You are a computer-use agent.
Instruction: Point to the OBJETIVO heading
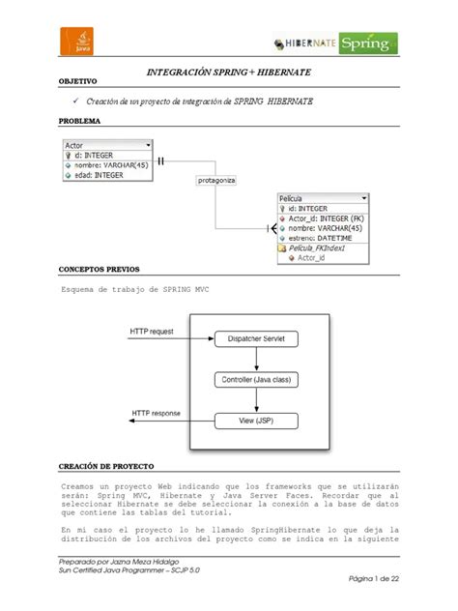80,82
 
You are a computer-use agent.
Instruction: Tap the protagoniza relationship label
216,180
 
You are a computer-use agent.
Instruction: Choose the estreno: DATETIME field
322,237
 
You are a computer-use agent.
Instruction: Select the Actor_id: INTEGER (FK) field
326,218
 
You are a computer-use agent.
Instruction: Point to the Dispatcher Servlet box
256,338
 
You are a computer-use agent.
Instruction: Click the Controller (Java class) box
256,380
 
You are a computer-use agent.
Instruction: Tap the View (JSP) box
256,421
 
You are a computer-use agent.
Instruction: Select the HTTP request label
153,332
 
